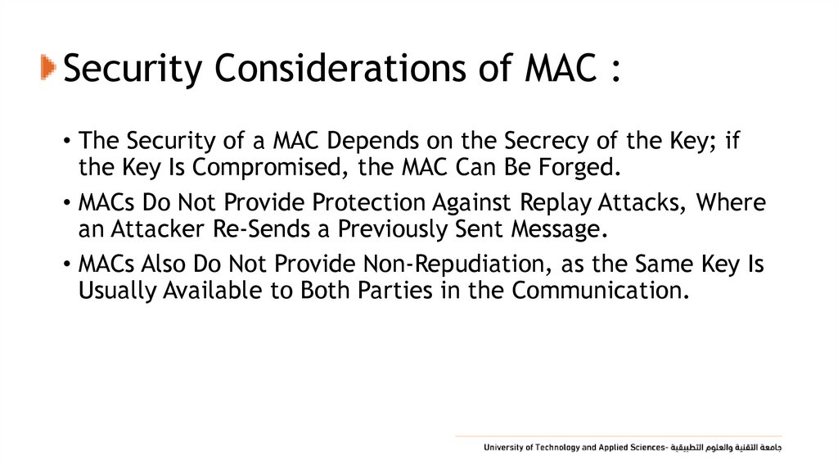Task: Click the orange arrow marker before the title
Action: click(x=47, y=68)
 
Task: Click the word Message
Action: click(x=559, y=230)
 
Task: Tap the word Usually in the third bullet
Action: click(x=111, y=291)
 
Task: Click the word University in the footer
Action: click(x=503, y=448)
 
